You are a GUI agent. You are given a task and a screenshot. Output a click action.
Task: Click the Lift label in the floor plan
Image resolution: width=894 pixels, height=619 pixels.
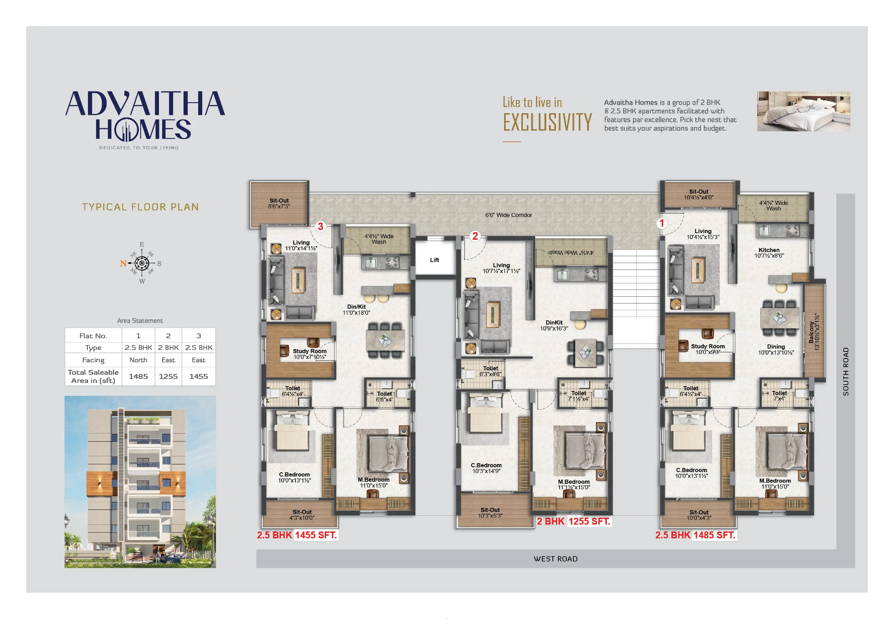[434, 260]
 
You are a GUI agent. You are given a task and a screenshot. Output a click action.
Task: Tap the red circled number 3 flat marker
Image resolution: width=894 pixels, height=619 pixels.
[320, 226]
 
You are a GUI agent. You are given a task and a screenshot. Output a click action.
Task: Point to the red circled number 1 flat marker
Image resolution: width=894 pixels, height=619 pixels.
[662, 223]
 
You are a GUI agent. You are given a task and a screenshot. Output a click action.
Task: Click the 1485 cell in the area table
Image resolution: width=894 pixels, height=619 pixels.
[138, 376]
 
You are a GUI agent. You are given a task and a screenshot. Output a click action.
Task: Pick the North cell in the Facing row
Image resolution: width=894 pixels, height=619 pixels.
[138, 360]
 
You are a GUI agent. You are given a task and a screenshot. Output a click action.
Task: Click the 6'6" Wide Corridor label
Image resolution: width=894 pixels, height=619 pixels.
[508, 215]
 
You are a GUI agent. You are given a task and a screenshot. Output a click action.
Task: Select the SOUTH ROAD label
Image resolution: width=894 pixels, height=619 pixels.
[846, 371]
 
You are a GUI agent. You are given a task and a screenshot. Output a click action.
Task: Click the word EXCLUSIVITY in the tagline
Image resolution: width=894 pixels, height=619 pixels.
[547, 122]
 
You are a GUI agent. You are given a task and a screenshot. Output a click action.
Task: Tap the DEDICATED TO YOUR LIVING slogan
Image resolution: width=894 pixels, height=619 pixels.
[139, 148]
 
